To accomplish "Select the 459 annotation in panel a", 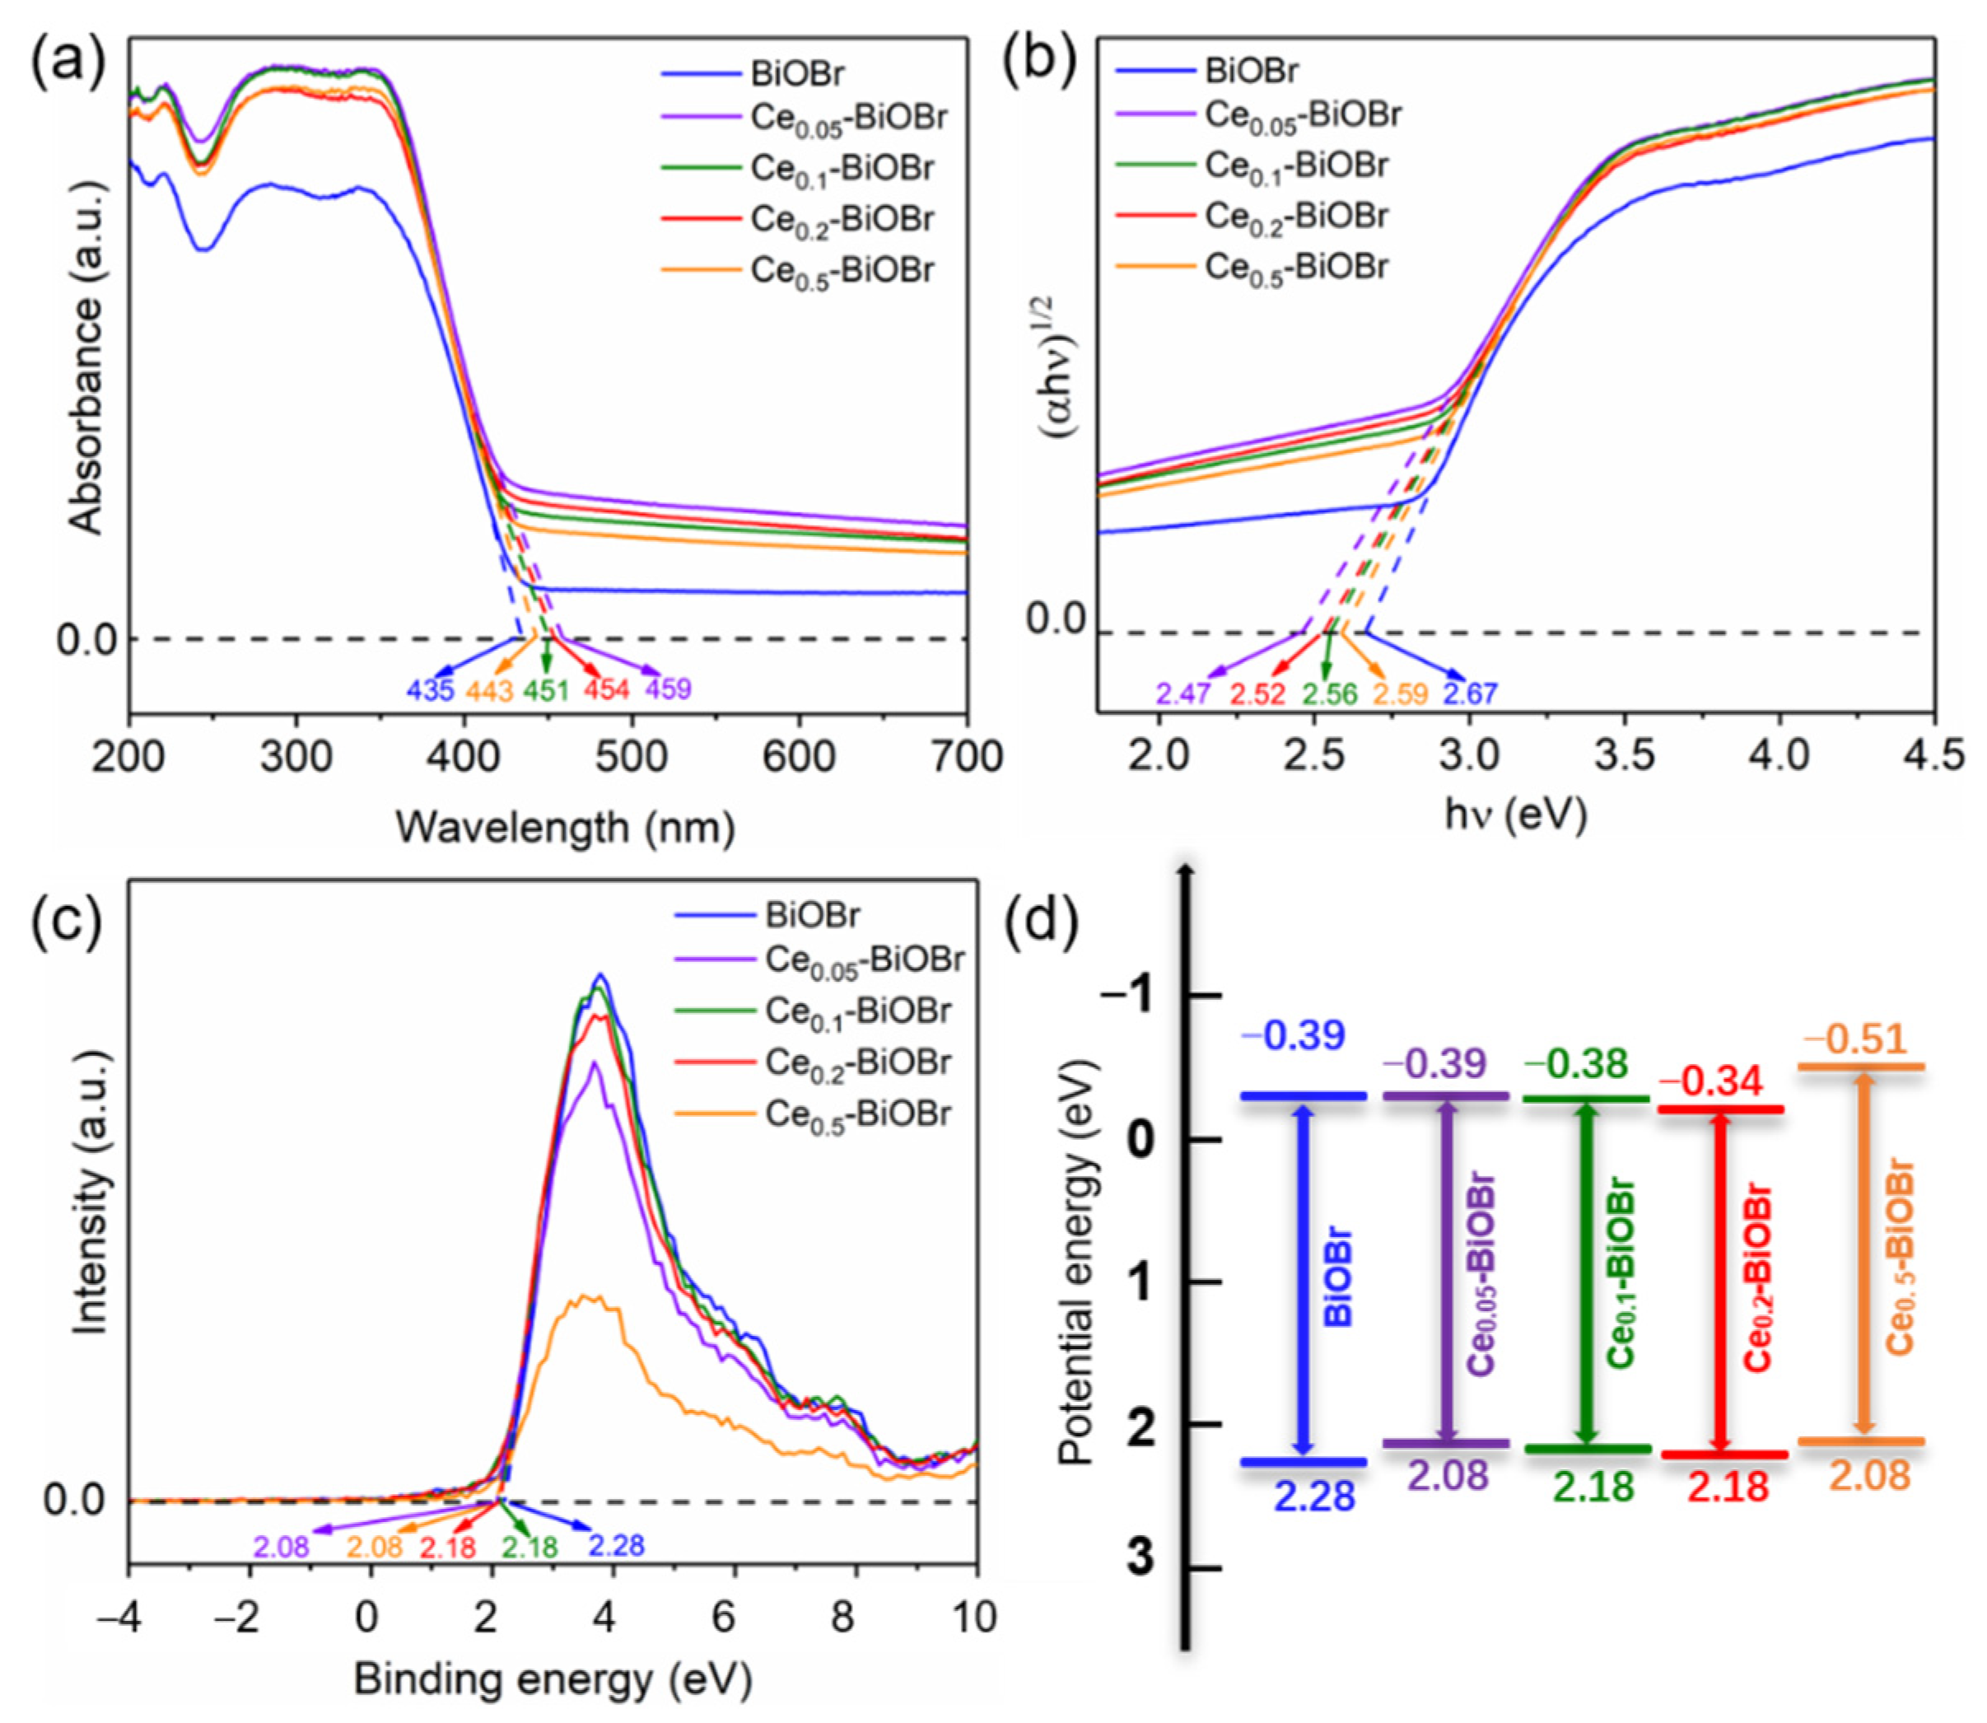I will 668,689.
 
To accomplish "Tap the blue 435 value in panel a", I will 430,690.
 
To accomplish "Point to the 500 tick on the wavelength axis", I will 631,759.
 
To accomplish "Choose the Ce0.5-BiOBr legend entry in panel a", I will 841,270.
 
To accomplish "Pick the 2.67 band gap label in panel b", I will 1470,693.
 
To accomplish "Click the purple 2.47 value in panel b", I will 1182,693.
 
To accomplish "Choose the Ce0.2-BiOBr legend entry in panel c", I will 857,1062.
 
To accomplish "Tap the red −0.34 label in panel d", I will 1711,1081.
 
